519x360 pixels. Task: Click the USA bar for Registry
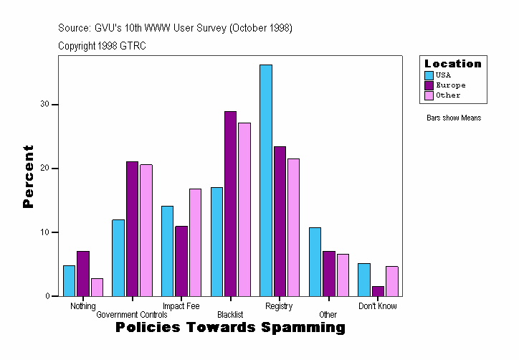(266, 180)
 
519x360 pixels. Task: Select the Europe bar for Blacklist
(230, 204)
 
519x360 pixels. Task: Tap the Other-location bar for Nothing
(97, 287)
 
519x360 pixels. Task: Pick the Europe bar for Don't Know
(378, 290)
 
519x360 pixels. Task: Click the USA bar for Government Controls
(118, 257)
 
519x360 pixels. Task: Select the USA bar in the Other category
(315, 262)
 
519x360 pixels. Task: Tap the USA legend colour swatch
(429, 75)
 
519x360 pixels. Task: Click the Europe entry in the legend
(450, 85)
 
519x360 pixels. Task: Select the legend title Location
(452, 64)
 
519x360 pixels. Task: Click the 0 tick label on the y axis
(47, 296)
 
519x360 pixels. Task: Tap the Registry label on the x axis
(279, 306)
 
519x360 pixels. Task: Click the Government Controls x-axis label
(131, 315)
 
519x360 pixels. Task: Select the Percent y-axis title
(28, 176)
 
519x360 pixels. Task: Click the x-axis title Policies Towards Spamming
(230, 328)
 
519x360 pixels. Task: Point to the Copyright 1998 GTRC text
(102, 46)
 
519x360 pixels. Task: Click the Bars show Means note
(453, 118)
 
